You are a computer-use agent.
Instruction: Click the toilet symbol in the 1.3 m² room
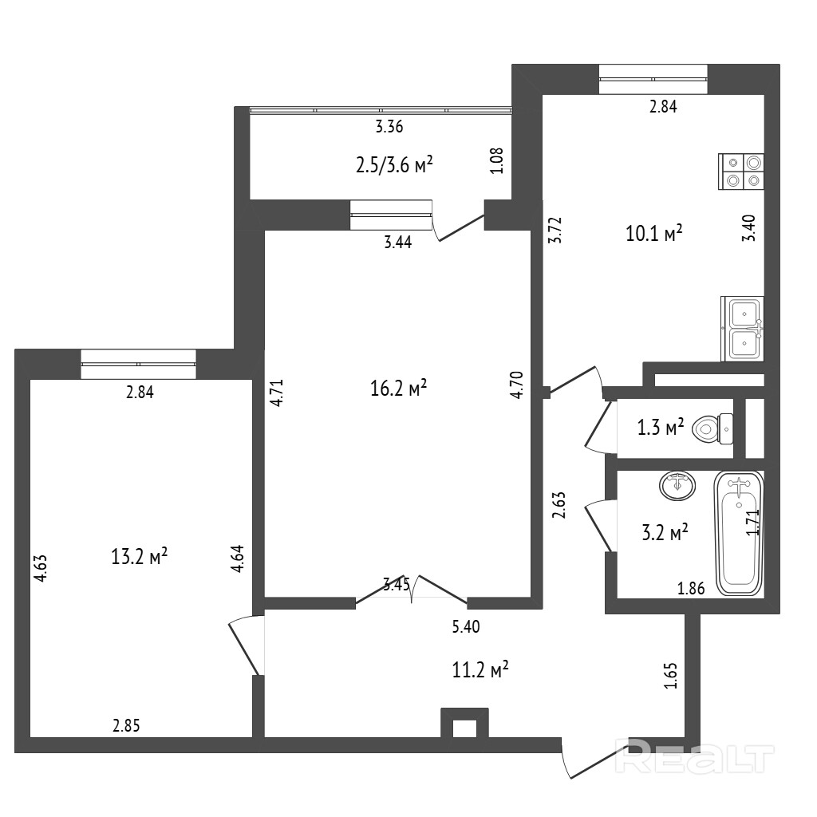pyautogui.click(x=712, y=429)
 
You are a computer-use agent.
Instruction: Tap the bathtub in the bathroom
pyautogui.click(x=738, y=533)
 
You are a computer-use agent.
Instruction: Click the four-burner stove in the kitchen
pyautogui.click(x=741, y=172)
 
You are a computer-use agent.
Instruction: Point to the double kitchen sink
pyautogui.click(x=743, y=329)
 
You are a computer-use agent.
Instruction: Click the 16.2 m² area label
pyautogui.click(x=399, y=388)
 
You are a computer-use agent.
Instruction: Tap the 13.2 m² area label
pyautogui.click(x=139, y=556)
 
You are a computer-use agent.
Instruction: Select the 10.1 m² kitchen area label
pyautogui.click(x=654, y=234)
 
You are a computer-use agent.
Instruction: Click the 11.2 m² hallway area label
pyautogui.click(x=480, y=669)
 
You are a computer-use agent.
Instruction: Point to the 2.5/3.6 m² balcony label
pyautogui.click(x=394, y=165)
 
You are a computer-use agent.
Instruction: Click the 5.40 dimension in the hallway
pyautogui.click(x=466, y=626)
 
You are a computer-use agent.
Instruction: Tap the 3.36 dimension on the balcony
pyautogui.click(x=389, y=127)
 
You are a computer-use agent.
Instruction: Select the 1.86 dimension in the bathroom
pyautogui.click(x=691, y=588)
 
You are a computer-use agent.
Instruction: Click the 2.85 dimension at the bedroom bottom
pyautogui.click(x=127, y=725)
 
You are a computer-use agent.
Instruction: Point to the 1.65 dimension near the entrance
pyautogui.click(x=671, y=676)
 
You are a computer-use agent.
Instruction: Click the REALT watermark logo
pyautogui.click(x=695, y=759)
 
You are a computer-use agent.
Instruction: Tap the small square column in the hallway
pyautogui.click(x=465, y=723)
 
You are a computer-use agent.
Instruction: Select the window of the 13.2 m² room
pyautogui.click(x=139, y=364)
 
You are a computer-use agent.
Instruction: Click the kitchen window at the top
pyautogui.click(x=653, y=79)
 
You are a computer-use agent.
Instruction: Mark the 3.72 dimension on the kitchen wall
pyautogui.click(x=556, y=231)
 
